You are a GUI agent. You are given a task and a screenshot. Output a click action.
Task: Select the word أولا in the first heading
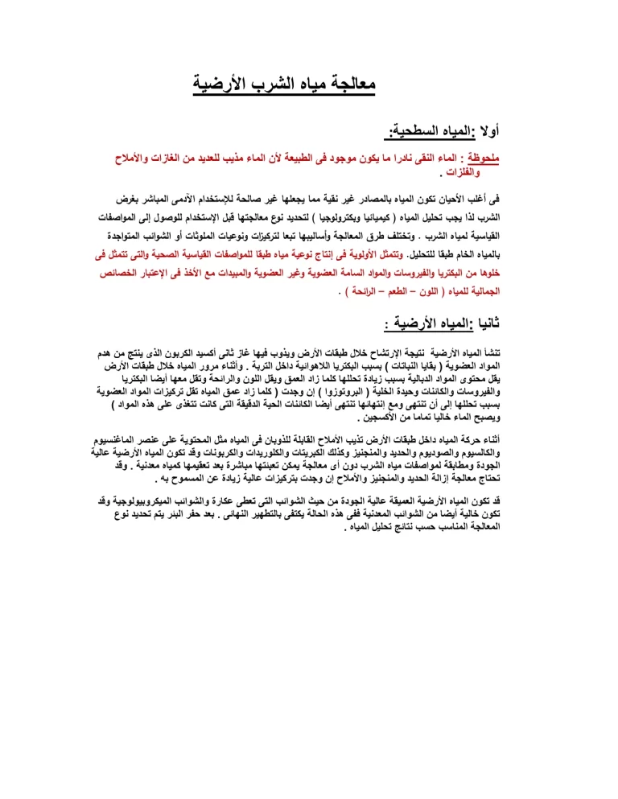coord(482,129)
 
